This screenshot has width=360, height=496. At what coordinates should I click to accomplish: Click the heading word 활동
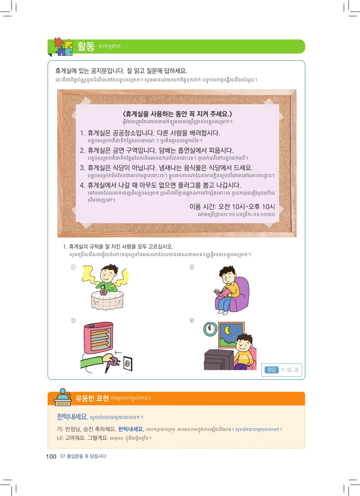click(86, 46)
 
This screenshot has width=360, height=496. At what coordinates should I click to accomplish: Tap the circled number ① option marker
click(73, 267)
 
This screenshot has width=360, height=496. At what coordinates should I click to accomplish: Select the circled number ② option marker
click(192, 267)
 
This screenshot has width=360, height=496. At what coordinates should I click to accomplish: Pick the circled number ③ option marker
click(73, 320)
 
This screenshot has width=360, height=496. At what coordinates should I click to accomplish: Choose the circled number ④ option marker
click(192, 320)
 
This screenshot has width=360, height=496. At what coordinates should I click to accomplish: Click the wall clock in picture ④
click(210, 329)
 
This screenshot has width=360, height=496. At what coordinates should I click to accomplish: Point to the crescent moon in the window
click(228, 330)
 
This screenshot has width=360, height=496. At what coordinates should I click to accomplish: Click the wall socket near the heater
click(128, 363)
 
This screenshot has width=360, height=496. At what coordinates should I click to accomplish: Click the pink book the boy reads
click(222, 292)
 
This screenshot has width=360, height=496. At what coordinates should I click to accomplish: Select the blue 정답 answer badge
click(272, 370)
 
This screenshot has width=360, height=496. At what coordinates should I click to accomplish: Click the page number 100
click(51, 456)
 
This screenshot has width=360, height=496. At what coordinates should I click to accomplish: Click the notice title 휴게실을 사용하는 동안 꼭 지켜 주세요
click(177, 114)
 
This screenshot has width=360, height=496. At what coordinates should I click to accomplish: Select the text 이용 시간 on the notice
click(202, 207)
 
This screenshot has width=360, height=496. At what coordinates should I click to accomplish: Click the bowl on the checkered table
click(103, 293)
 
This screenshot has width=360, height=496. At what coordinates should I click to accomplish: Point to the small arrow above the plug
click(118, 352)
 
